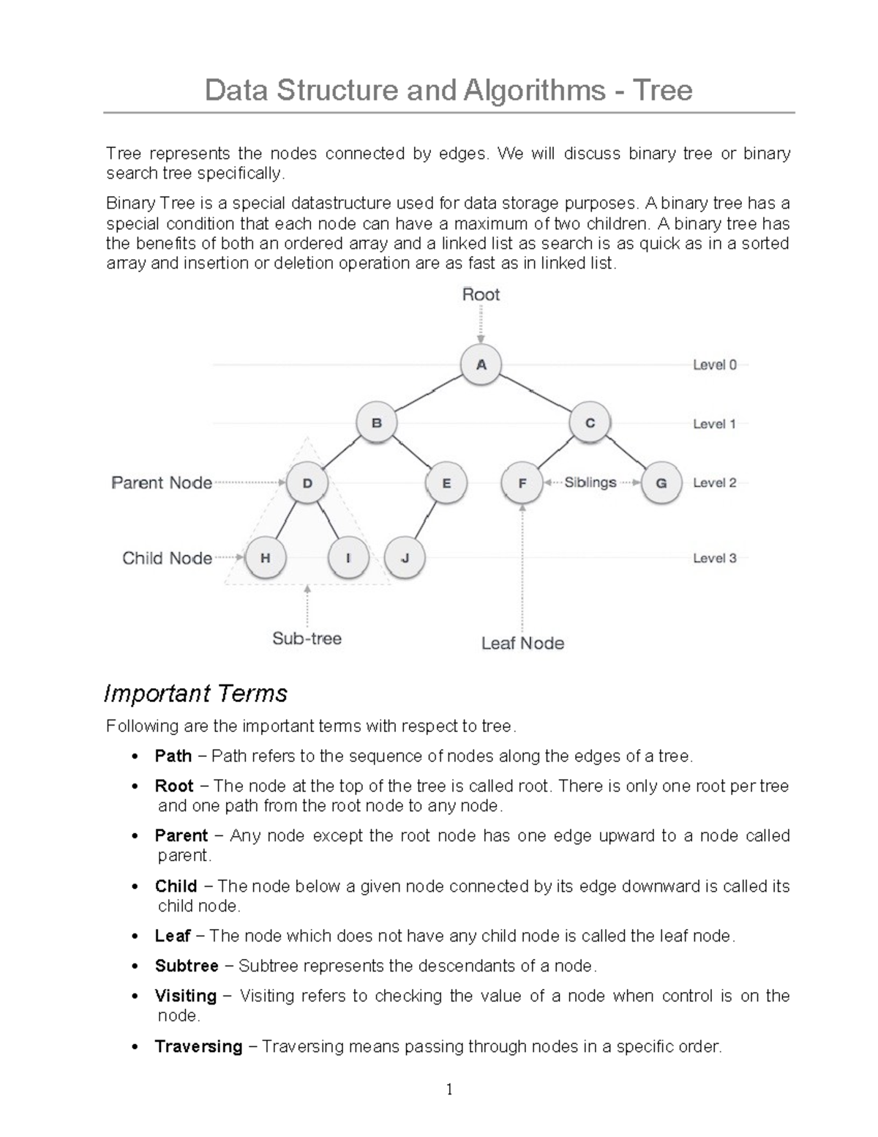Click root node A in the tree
(481, 364)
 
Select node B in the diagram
(376, 423)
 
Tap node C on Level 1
(590, 423)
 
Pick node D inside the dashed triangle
(307, 483)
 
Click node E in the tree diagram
(446, 483)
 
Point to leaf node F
(522, 483)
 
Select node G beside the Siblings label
(661, 483)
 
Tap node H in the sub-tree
(265, 558)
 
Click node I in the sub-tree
(348, 558)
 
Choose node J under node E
(405, 558)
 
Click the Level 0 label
(714, 365)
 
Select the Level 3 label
(714, 558)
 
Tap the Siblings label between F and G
(590, 483)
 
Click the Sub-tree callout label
(307, 638)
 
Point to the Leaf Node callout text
(522, 644)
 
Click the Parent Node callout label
(162, 483)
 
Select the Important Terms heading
(195, 693)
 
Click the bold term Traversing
(198, 1046)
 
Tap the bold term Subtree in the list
(187, 966)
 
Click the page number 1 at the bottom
(449, 1090)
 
